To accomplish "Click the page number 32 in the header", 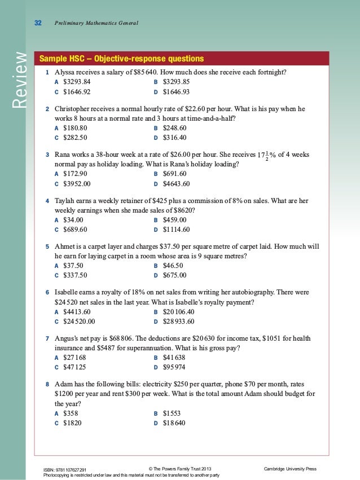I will point(38,23).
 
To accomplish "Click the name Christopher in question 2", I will point(76,108).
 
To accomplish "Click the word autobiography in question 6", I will point(247,293).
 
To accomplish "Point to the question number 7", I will point(47,338).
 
